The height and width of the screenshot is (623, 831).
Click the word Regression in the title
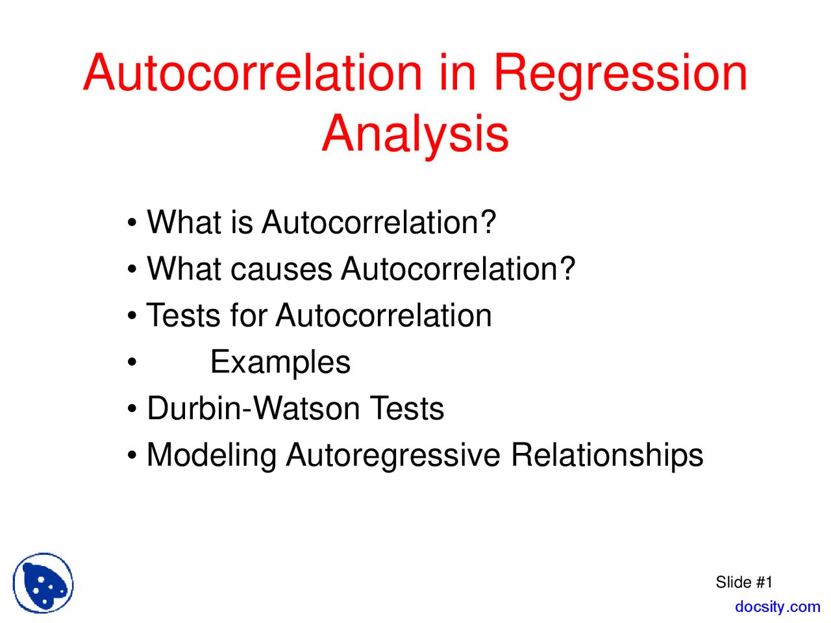pos(620,73)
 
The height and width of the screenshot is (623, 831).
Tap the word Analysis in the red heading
pos(415,134)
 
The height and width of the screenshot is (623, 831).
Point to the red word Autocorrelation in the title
pos(253,73)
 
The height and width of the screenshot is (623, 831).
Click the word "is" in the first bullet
pos(241,223)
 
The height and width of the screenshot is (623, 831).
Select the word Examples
pos(280,363)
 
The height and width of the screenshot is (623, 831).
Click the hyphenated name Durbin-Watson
pos(253,409)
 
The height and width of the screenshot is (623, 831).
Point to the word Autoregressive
pos(393,456)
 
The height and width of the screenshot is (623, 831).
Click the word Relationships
pos(607,456)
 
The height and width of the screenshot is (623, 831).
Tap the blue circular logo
pos(43,583)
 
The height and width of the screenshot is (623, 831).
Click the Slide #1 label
pos(744,582)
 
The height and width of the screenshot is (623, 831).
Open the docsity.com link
pos(777,607)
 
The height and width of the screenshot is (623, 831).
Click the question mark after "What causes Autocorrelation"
pos(567,269)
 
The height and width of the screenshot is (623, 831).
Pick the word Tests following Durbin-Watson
pos(407,409)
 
